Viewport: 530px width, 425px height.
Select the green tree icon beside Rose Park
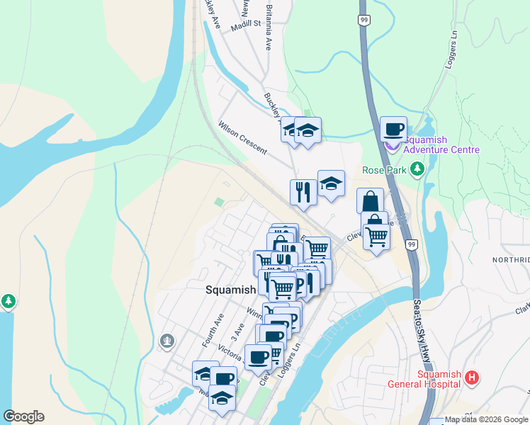click(x=418, y=169)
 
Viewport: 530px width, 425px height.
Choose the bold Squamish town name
click(x=230, y=290)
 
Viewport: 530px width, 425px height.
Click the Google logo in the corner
click(x=23, y=416)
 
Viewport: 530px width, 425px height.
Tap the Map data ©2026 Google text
click(x=486, y=420)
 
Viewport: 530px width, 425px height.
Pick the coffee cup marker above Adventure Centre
click(x=393, y=129)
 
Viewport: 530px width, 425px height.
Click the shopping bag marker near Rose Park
click(x=370, y=200)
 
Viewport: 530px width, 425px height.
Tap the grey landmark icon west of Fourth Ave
click(x=168, y=341)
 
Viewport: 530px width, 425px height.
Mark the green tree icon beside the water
click(x=9, y=301)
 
